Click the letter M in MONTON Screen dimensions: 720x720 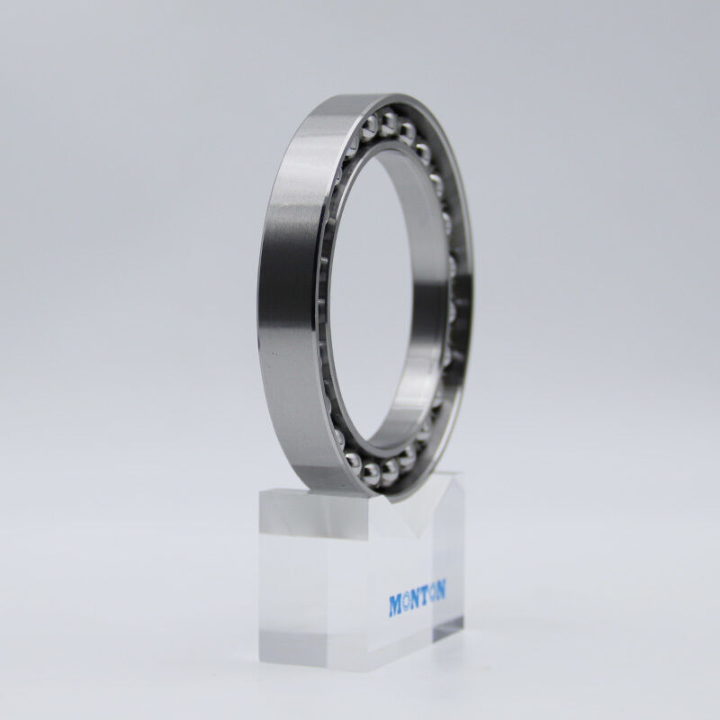point(395,605)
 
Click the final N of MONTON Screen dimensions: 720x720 point(441,590)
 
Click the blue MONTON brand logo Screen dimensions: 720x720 point(417,599)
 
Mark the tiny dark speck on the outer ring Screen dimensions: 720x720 point(274,354)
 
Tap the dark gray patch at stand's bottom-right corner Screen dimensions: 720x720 point(447,629)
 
